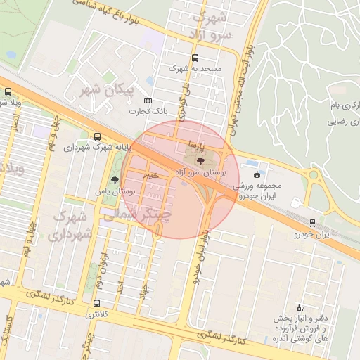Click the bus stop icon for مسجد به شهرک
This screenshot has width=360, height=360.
[x=195, y=58]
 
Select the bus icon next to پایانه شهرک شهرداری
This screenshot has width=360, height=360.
[x=96, y=137]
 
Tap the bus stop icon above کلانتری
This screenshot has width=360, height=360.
[x=96, y=303]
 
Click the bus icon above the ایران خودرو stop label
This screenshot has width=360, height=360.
[x=312, y=223]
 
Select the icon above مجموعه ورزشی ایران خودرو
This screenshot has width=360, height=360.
[x=257, y=174]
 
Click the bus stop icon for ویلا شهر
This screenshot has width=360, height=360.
[x=8, y=92]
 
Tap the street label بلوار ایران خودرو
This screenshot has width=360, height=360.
[x=202, y=254]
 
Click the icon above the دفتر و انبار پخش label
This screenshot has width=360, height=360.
[x=301, y=308]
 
